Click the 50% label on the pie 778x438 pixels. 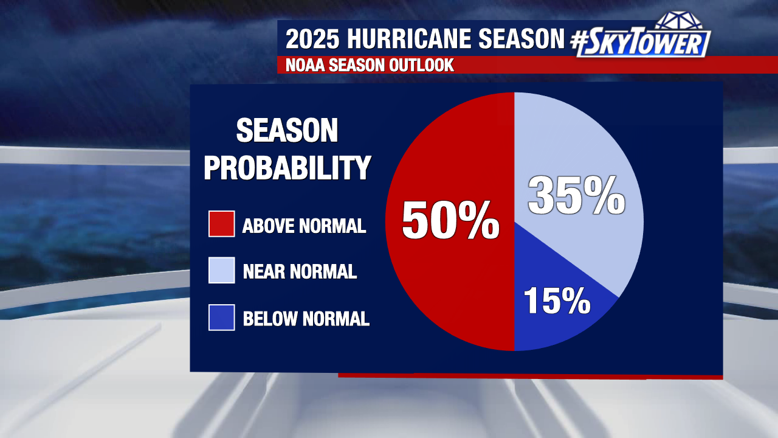click(x=450, y=220)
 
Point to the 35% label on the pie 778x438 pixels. click(x=577, y=195)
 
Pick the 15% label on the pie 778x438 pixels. click(x=557, y=301)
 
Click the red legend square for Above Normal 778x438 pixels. click(x=222, y=224)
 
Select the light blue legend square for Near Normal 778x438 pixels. click(x=222, y=270)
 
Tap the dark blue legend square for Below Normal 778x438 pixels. click(x=222, y=318)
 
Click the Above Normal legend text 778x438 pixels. click(x=305, y=226)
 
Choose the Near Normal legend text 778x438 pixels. click(x=300, y=271)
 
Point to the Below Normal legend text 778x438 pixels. click(x=306, y=319)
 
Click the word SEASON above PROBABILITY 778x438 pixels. click(x=287, y=130)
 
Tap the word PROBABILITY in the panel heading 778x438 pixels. click(x=287, y=168)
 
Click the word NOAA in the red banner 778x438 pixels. click(x=305, y=65)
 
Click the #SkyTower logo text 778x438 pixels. click(x=641, y=43)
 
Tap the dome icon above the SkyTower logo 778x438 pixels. click(x=678, y=20)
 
